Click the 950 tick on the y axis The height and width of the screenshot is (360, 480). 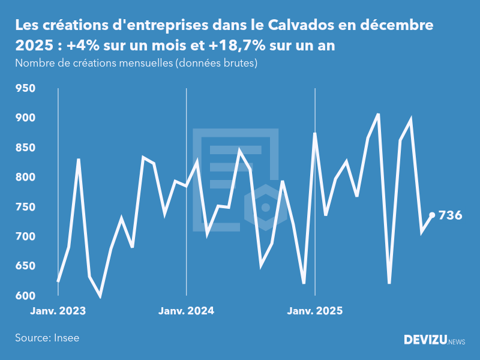(x=26, y=89)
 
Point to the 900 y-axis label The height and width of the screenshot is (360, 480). (x=26, y=118)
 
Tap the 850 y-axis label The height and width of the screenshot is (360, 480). (x=26, y=148)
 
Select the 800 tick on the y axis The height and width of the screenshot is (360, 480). (x=26, y=178)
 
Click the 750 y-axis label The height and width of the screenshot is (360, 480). (x=26, y=207)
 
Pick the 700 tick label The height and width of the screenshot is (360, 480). (x=26, y=237)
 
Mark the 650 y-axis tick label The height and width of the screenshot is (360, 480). (x=26, y=266)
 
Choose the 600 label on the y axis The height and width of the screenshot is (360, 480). (x=26, y=296)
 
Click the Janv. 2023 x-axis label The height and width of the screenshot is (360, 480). (x=58, y=311)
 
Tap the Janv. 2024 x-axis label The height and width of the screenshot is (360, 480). (x=186, y=311)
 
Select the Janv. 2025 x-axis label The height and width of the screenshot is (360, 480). (x=315, y=311)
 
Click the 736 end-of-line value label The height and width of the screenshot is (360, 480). (x=451, y=215)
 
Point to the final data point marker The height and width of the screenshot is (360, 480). (x=432, y=215)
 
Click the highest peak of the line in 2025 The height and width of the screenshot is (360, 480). (x=378, y=114)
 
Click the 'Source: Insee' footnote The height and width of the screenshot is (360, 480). (x=47, y=338)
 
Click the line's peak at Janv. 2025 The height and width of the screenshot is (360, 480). (x=315, y=134)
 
